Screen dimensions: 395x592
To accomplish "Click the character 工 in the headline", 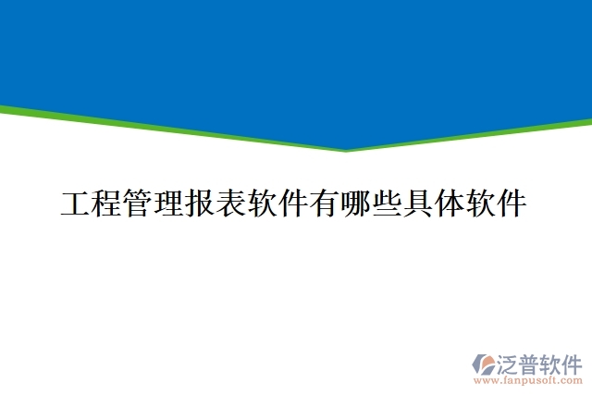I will click(x=76, y=204).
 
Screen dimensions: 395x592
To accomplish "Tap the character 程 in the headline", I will click(x=107, y=204).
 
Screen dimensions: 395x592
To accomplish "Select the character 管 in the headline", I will click(x=139, y=204).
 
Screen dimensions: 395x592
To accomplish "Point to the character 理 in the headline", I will click(x=169, y=204).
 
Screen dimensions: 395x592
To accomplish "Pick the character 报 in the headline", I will click(x=201, y=204).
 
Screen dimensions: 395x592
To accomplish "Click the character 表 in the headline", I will click(x=232, y=204).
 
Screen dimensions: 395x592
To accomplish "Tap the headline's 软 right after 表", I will click(x=264, y=204).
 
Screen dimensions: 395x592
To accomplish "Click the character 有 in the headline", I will click(x=326, y=204).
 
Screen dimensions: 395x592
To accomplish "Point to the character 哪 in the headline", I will click(x=357, y=204).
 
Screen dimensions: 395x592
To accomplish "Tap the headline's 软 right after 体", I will click(x=482, y=204).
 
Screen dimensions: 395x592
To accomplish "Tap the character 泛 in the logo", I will click(x=510, y=362).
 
